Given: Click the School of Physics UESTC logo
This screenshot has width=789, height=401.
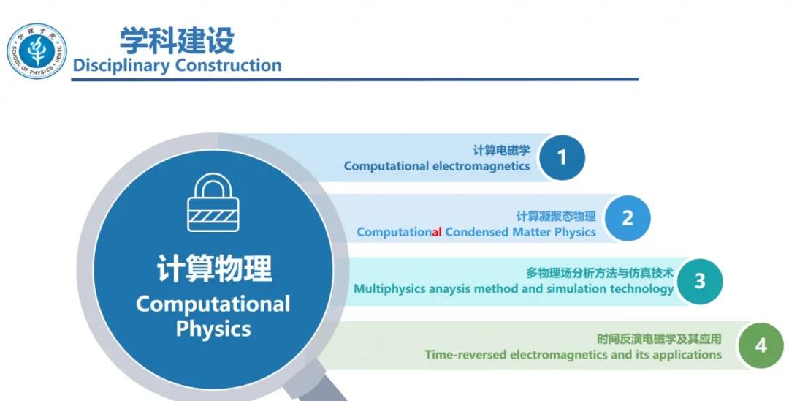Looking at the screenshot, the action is click(x=37, y=51).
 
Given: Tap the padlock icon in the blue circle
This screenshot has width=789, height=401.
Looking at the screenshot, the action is click(x=213, y=203).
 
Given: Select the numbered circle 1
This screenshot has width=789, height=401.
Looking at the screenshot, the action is click(x=562, y=157).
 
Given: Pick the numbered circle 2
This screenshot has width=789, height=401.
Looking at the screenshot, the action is click(x=628, y=218).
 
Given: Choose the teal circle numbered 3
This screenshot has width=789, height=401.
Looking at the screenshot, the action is click(x=699, y=281).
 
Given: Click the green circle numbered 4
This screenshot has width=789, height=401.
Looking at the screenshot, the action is click(x=761, y=345).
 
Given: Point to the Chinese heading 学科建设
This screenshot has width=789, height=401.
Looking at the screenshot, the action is click(x=177, y=41).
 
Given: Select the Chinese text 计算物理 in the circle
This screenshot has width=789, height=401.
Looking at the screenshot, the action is click(x=214, y=269).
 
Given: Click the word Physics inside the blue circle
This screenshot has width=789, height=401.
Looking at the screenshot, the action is click(x=213, y=329).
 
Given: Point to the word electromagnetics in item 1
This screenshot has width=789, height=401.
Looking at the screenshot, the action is click(x=481, y=166).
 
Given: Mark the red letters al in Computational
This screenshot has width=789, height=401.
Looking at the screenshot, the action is click(x=437, y=232).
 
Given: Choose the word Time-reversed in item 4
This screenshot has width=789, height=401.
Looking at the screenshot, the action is click(x=465, y=355).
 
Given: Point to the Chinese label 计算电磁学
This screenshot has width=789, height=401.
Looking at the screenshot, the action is click(x=501, y=150).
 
